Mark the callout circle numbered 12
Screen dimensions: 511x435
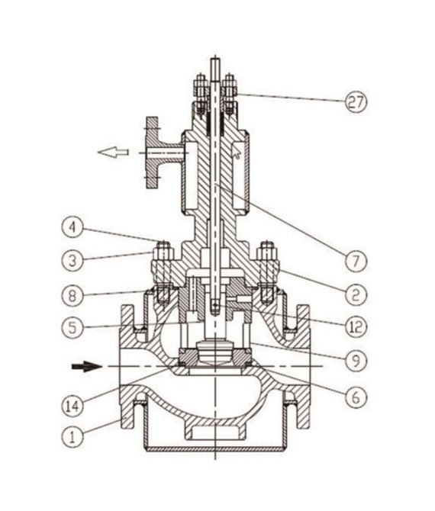(x=353, y=326)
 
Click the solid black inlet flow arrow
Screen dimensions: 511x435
(x=85, y=367)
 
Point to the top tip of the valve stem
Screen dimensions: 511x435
(x=217, y=62)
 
